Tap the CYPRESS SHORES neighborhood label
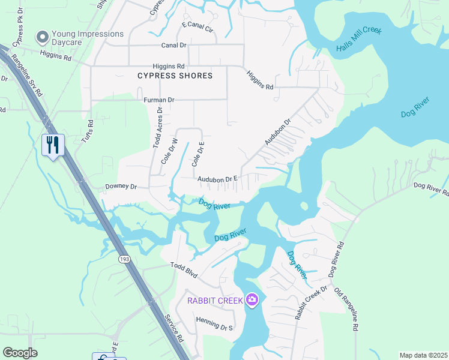[x=175, y=76]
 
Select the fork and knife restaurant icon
[x=53, y=145]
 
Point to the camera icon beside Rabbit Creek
[x=252, y=299]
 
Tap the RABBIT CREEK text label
[x=215, y=300]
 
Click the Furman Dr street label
[x=159, y=100]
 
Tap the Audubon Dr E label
[x=218, y=179]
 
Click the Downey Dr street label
[x=122, y=187]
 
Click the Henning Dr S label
[x=214, y=327]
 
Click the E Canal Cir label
[x=197, y=28]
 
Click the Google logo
[x=20, y=353]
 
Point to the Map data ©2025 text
[x=423, y=355]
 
